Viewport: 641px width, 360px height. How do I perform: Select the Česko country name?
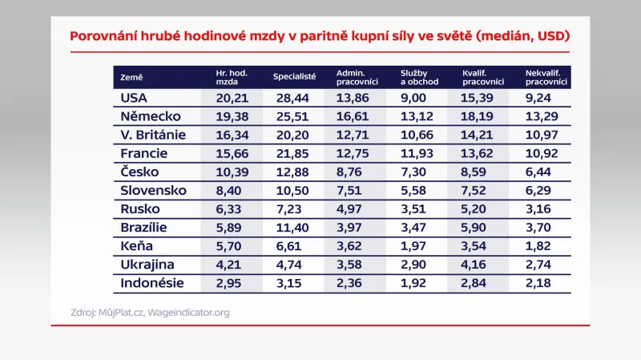pos(139,172)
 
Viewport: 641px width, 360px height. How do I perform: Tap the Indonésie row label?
pos(152,283)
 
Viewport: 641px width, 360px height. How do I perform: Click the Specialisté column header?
pos(295,77)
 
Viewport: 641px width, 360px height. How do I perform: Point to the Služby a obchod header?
pos(417,77)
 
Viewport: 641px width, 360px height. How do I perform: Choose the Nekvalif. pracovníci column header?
pos(546,77)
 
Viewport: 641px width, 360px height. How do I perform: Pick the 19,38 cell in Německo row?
pos(232,116)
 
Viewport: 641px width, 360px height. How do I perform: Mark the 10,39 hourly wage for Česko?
pos(232,172)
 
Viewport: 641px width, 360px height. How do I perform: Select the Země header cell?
pos(131,77)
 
